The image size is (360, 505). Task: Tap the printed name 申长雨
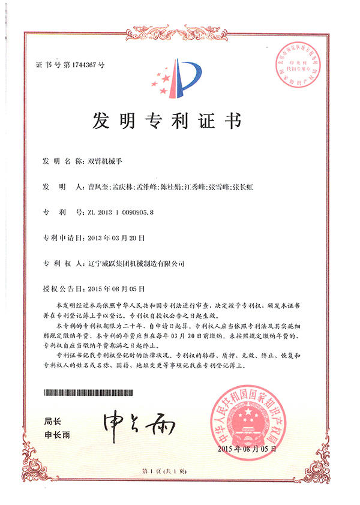[57, 435]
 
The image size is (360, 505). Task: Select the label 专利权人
[57, 263]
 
